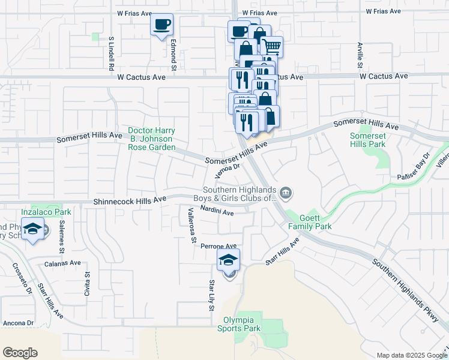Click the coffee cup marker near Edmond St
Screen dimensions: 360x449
point(161,25)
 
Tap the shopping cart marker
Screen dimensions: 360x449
point(272,46)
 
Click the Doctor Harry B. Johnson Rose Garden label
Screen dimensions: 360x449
point(152,139)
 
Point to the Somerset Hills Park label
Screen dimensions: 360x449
point(368,140)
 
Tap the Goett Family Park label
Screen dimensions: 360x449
point(310,222)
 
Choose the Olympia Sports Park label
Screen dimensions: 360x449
point(242,324)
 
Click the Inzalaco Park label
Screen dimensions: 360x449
point(46,212)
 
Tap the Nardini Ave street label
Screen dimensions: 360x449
point(217,211)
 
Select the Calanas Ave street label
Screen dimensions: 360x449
point(62,263)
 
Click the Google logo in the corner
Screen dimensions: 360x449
point(20,353)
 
